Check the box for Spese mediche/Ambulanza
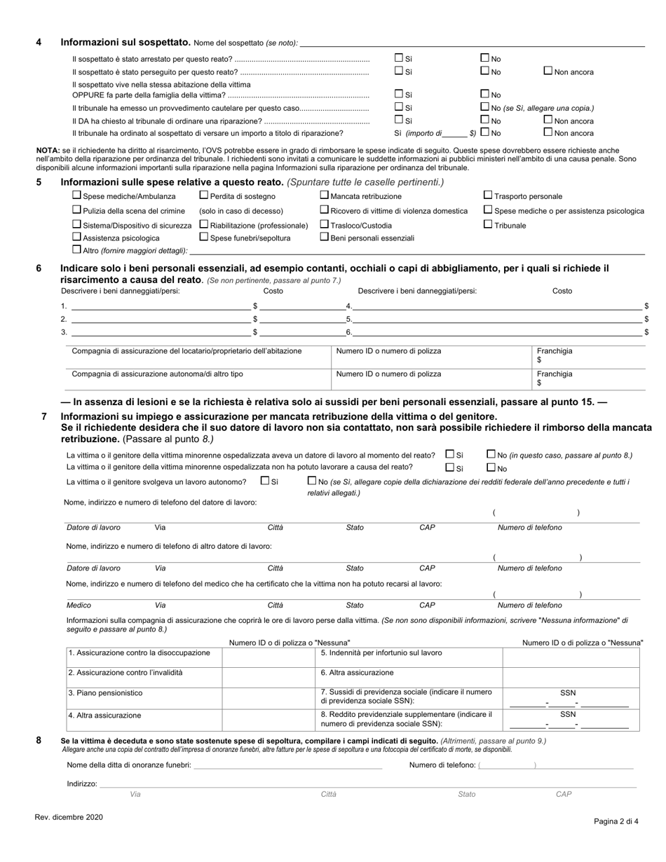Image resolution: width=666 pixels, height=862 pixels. pyautogui.click(x=77, y=196)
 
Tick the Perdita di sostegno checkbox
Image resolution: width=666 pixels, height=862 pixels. pyautogui.click(x=204, y=196)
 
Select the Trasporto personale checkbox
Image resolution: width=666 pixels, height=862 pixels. pyautogui.click(x=488, y=196)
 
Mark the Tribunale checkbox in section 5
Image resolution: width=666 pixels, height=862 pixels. pyautogui.click(x=488, y=224)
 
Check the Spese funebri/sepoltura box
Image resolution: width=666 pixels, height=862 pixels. pyautogui.click(x=204, y=237)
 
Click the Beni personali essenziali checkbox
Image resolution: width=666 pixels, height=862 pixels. pyautogui.click(x=324, y=237)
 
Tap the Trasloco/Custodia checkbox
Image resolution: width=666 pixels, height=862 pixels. pyautogui.click(x=324, y=224)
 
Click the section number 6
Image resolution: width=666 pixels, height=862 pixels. pyautogui.click(x=39, y=268)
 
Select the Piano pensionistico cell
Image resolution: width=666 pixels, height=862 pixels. pyautogui.click(x=105, y=692)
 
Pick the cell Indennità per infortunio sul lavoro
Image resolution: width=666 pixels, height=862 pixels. pyautogui.click(x=381, y=652)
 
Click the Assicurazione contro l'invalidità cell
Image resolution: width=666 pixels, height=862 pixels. pyautogui.click(x=125, y=672)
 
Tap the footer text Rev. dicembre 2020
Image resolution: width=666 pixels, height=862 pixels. pyautogui.click(x=69, y=817)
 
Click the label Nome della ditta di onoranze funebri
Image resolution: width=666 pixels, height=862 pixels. pyautogui.click(x=129, y=765)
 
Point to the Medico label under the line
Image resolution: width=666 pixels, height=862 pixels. pyautogui.click(x=79, y=605)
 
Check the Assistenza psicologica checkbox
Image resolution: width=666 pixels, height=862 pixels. pyautogui.click(x=77, y=237)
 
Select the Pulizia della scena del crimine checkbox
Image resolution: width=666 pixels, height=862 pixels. pyautogui.click(x=77, y=210)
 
